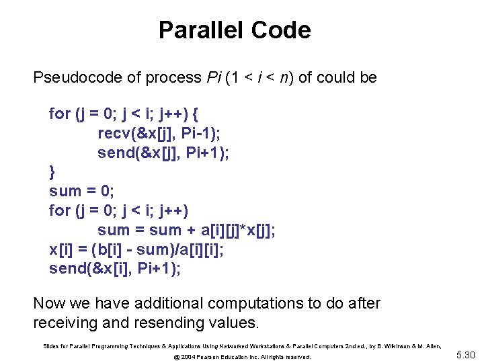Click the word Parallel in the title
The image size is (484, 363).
coord(202,30)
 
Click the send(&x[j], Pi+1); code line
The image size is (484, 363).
coord(163,153)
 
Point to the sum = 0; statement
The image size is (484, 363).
coord(81,191)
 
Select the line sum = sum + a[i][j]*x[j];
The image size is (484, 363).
coord(186,230)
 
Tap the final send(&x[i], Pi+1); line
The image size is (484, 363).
coord(115,268)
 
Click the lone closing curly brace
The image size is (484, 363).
coord(52,172)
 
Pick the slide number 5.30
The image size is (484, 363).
coord(465,355)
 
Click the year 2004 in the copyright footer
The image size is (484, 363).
coord(187,357)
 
